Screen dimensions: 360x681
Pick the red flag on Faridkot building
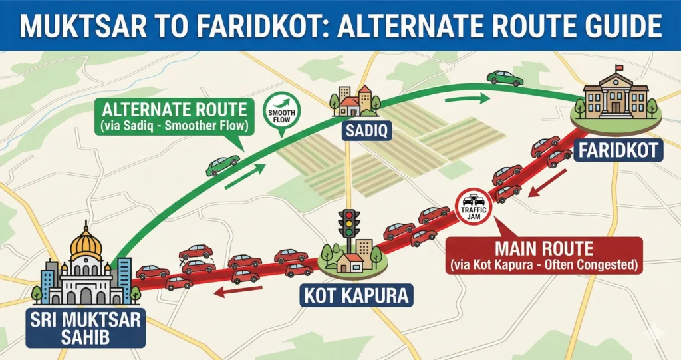(619, 67)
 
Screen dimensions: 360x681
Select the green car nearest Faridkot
(505, 78)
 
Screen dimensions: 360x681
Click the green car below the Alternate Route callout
(223, 165)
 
